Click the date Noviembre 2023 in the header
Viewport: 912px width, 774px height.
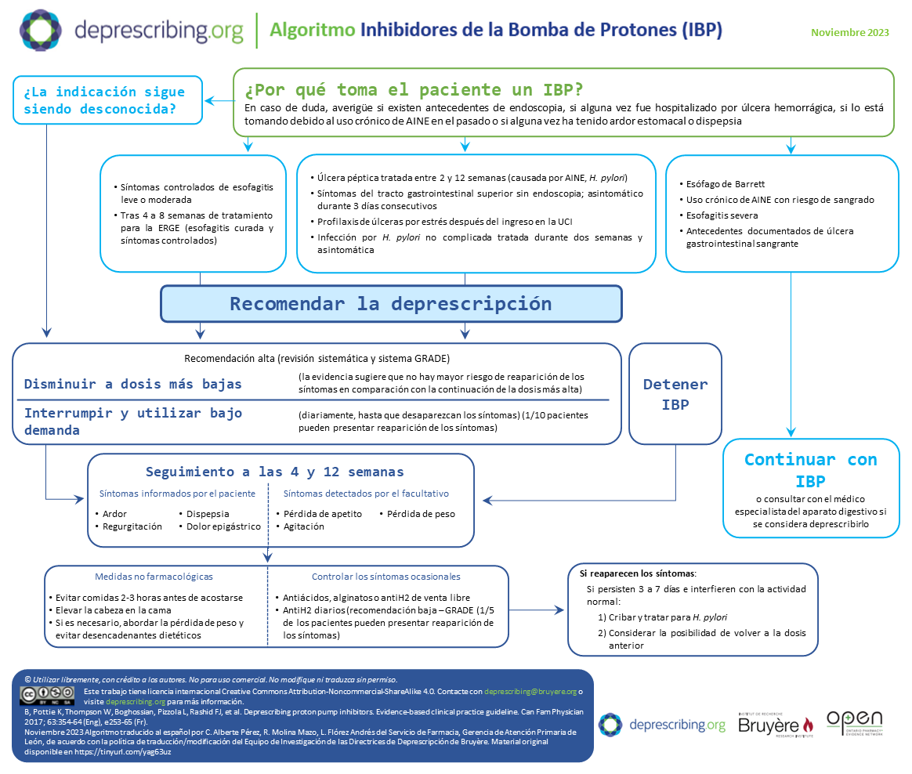coord(850,32)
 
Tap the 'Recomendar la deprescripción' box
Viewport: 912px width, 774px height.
coord(391,304)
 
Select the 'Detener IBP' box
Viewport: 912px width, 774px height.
coord(675,394)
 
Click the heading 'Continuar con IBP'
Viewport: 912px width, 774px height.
coord(810,469)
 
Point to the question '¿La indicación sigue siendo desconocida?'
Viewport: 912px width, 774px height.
coord(104,100)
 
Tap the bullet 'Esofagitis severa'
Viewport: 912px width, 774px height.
coord(722,215)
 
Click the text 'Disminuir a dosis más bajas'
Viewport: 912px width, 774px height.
coord(133,384)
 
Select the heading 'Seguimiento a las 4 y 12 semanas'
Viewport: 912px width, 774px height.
coord(275,472)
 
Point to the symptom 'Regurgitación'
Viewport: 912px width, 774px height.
coord(132,526)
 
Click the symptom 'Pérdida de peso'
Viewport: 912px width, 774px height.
coord(421,514)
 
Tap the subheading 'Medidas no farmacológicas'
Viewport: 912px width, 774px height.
coord(154,577)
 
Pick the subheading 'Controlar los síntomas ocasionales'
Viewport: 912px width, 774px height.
coord(385,577)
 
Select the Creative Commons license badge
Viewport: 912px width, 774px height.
coord(47,696)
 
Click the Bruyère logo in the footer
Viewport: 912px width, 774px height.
coord(775,725)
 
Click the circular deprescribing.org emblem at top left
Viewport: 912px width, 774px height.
coord(41,31)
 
